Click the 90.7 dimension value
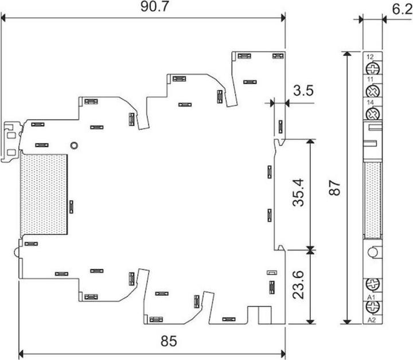tap(154, 6)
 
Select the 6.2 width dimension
tap(402, 10)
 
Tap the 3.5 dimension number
tap(303, 91)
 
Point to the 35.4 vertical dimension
tap(298, 193)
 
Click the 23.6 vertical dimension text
tap(298, 285)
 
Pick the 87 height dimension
tap(334, 187)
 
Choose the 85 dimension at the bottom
tap(169, 341)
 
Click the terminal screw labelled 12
tap(373, 69)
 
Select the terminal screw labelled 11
tap(373, 91)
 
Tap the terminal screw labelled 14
tap(373, 114)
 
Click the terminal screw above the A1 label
tap(373, 284)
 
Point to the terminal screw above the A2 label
tap(373, 307)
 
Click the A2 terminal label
tap(371, 320)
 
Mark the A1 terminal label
tap(371, 298)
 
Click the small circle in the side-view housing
tap(74, 145)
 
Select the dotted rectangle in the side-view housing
tap(44, 194)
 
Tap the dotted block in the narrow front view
tap(372, 200)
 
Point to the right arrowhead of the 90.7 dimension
tap(283, 18)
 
